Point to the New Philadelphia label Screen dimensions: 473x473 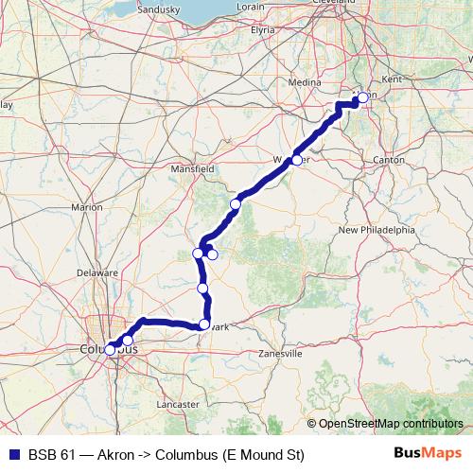pos(377,230)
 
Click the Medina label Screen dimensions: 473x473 pos(306,82)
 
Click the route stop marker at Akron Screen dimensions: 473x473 pos(362,97)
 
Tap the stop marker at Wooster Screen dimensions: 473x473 pos(296,160)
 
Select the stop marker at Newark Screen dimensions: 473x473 pos(203,324)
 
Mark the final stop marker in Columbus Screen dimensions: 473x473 pos(110,350)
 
